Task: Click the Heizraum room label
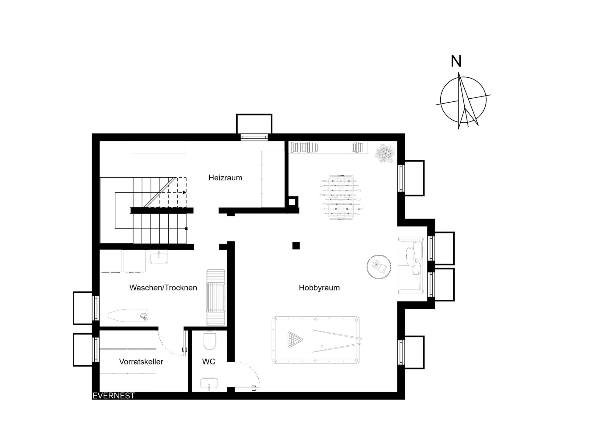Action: (x=225, y=178)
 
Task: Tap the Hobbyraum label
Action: (x=319, y=288)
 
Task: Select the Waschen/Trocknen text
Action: (x=163, y=288)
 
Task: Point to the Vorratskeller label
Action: (x=141, y=361)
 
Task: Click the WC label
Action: (x=208, y=361)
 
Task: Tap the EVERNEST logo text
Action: (x=113, y=396)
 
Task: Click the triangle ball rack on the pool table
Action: (x=295, y=339)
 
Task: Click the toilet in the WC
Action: (x=210, y=340)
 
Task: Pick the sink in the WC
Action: (x=209, y=385)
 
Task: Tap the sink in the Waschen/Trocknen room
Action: (x=159, y=257)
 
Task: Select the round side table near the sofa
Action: (x=379, y=267)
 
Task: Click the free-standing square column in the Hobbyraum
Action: (x=296, y=246)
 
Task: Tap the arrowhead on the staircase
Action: (x=184, y=192)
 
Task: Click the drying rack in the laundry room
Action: (x=216, y=297)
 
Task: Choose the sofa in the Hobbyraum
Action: (x=411, y=265)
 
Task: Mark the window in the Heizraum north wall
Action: (x=254, y=137)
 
